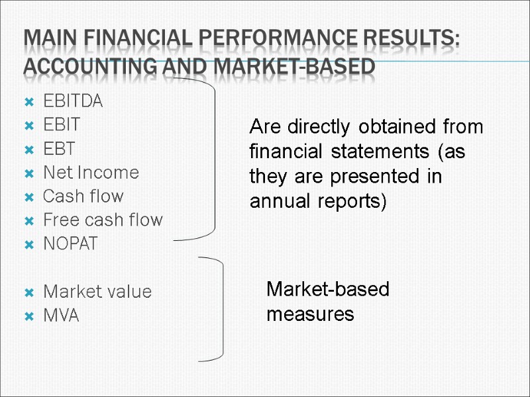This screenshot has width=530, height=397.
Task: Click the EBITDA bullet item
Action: tap(73, 102)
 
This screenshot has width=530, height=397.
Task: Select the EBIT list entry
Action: tap(62, 125)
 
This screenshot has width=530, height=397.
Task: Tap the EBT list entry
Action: tap(59, 149)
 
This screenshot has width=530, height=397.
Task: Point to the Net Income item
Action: tap(91, 173)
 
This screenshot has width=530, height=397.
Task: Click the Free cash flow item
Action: tap(102, 220)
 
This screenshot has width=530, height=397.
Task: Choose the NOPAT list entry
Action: tap(70, 244)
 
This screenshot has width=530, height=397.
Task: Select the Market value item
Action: tap(97, 292)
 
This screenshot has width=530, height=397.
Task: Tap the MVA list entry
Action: tap(60, 316)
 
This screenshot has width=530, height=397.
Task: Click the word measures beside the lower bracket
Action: tap(310, 314)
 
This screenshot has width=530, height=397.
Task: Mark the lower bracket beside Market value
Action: tap(220, 309)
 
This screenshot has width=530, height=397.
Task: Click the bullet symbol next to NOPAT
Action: tap(28, 245)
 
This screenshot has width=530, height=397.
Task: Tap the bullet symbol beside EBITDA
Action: tap(28, 103)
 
